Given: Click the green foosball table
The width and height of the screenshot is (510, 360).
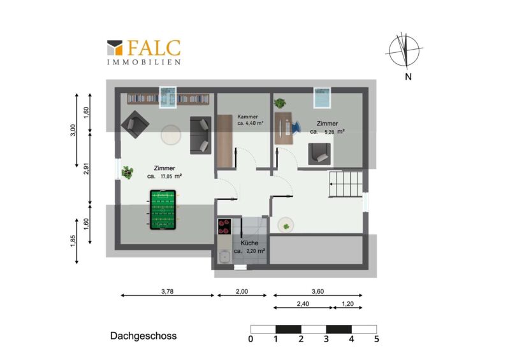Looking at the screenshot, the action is (163, 210).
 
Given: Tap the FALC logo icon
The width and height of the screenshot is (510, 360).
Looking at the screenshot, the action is (115, 48).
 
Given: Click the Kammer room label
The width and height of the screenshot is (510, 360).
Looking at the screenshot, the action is (247, 117).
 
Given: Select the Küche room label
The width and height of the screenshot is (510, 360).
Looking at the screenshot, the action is (249, 243).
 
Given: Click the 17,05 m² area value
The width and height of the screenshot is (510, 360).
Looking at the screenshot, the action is (171, 176).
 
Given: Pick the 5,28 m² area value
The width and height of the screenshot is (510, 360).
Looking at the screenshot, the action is (333, 132).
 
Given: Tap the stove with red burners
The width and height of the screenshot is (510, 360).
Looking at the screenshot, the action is (224, 226).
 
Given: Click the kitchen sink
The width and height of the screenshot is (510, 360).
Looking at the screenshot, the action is (224, 257).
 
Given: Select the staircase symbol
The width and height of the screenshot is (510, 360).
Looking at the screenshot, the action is (346, 184).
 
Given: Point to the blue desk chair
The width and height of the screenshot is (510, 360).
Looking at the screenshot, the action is (295, 127).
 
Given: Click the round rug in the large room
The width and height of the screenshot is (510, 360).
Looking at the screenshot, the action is (171, 134).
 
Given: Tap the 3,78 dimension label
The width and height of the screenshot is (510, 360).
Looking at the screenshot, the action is (167, 291).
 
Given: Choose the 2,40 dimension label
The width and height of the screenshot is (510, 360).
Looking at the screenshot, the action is (303, 304).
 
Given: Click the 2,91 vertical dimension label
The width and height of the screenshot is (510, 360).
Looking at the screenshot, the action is (86, 168).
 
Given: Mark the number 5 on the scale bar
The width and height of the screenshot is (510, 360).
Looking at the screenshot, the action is (376, 339).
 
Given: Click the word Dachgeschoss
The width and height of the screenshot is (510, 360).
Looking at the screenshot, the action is (143, 336).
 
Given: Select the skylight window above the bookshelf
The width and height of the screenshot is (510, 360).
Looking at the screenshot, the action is (168, 97).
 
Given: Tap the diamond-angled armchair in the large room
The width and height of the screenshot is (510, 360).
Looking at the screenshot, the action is (135, 124).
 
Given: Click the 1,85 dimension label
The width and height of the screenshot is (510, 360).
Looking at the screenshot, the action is (73, 241).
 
